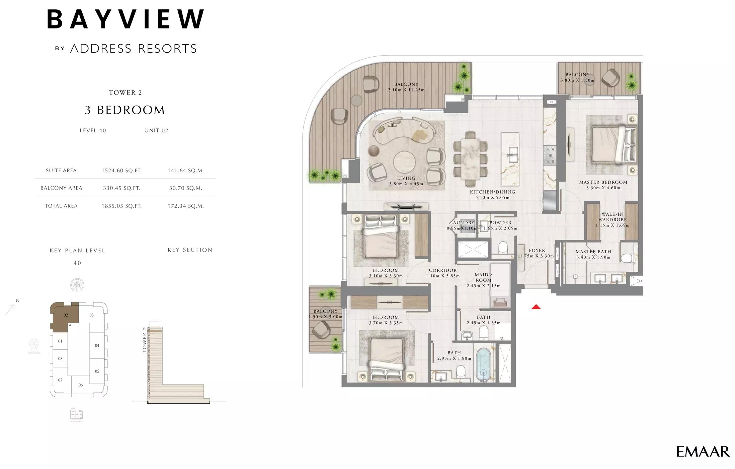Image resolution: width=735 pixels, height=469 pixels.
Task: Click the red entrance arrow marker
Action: coord(536,307)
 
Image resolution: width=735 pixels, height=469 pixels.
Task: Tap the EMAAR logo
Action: coord(703,452)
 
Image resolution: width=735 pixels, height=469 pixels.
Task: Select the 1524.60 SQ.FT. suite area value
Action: coord(121,171)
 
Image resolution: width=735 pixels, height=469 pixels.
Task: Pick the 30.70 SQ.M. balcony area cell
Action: coord(186,188)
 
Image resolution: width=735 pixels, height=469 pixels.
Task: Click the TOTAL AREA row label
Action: coord(61,206)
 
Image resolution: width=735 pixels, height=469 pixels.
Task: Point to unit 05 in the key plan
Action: coord(97,371)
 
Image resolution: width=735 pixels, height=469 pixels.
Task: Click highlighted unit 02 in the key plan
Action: coord(66,315)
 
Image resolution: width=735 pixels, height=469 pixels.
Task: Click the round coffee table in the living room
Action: coord(405,161)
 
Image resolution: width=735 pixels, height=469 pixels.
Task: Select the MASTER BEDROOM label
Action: coord(603,182)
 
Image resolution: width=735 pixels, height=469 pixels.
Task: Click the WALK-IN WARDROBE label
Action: coord(612,217)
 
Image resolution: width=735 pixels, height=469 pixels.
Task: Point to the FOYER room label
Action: coord(537,250)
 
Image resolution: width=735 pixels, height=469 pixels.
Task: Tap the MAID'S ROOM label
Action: coord(484,277)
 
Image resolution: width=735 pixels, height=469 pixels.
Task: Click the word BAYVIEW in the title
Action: coord(126,19)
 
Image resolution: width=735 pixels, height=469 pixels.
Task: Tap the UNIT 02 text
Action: coord(156,131)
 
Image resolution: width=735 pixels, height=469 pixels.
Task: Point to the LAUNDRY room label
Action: coord(462,222)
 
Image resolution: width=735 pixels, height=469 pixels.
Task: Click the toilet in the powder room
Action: coord(503,248)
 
